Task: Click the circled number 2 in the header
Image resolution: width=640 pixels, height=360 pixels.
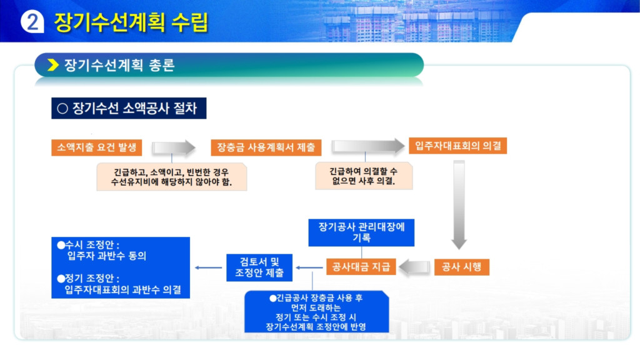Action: pyautogui.click(x=32, y=22)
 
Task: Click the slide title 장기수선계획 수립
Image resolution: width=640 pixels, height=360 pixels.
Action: pyautogui.click(x=131, y=22)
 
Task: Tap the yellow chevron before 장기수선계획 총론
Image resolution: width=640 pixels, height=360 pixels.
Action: pyautogui.click(x=53, y=65)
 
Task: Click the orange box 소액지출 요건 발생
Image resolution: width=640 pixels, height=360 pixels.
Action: pyautogui.click(x=97, y=147)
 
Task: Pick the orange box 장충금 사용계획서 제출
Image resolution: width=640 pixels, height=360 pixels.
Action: pyautogui.click(x=266, y=147)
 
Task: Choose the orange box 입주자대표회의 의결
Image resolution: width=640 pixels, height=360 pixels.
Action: pyautogui.click(x=458, y=146)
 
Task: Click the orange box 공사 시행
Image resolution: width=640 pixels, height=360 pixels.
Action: pyautogui.click(x=462, y=267)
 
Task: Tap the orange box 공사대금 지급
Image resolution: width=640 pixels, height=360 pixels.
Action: pyautogui.click(x=361, y=267)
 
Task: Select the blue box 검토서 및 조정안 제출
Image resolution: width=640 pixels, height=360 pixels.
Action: pyautogui.click(x=259, y=267)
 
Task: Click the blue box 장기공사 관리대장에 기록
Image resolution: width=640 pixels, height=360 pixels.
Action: pyautogui.click(x=361, y=232)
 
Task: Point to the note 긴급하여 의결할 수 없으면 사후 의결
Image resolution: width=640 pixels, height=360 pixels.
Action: pyautogui.click(x=364, y=176)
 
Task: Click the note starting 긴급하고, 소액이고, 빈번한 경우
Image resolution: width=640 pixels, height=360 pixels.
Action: pyautogui.click(x=171, y=177)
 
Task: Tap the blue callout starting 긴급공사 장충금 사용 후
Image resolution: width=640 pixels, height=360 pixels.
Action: pyautogui.click(x=316, y=312)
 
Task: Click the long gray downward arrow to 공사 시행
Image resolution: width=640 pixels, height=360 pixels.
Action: pyautogui.click(x=459, y=205)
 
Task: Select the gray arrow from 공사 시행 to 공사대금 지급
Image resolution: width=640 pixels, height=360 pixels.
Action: pyautogui.click(x=414, y=267)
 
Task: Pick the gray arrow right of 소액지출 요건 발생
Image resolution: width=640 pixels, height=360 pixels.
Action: pyautogui.click(x=174, y=147)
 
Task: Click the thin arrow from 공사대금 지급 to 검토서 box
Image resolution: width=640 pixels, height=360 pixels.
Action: pyautogui.click(x=309, y=267)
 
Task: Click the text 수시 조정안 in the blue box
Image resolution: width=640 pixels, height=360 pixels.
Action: pyautogui.click(x=89, y=245)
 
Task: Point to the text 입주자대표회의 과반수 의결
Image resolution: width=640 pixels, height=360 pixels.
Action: pyautogui.click(x=123, y=290)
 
